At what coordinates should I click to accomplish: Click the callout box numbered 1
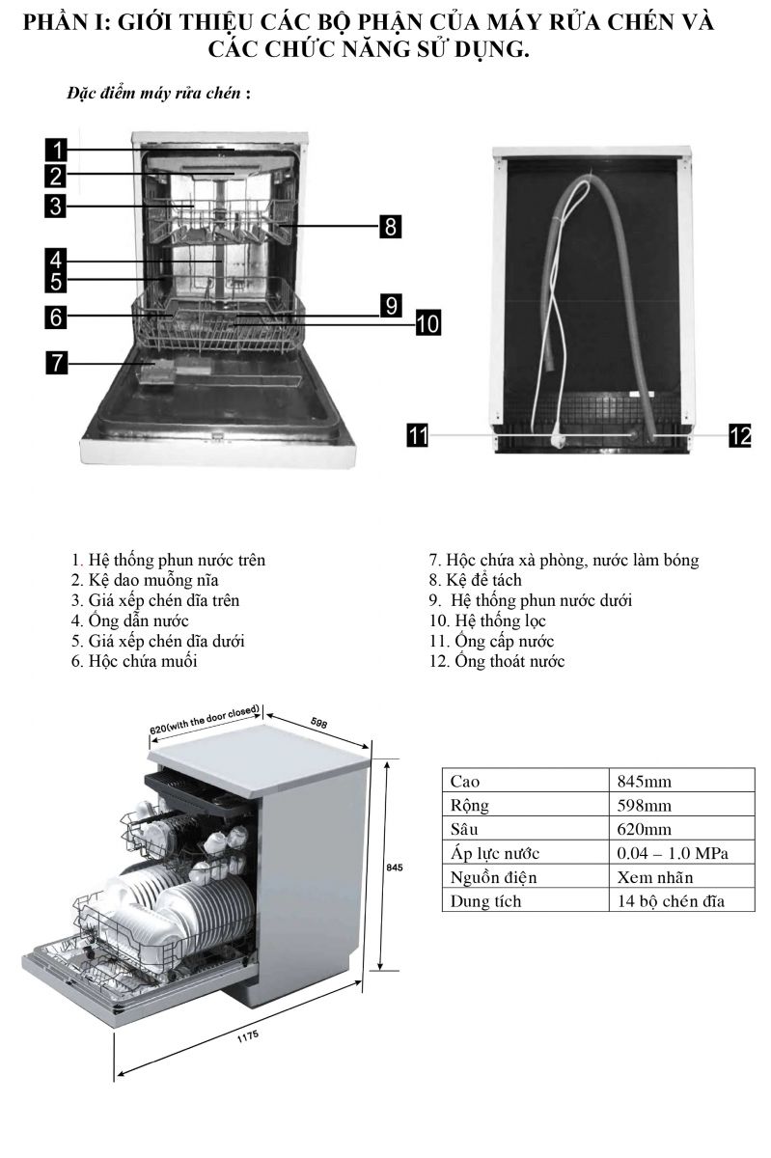(57, 150)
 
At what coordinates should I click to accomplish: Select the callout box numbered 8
(389, 227)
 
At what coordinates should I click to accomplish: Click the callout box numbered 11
(417, 436)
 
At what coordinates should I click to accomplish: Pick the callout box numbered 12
(739, 436)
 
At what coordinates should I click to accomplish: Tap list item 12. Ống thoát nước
(497, 661)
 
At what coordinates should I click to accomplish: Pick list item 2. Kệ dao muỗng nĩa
(145, 580)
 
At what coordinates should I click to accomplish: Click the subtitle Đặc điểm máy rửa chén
(154, 94)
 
